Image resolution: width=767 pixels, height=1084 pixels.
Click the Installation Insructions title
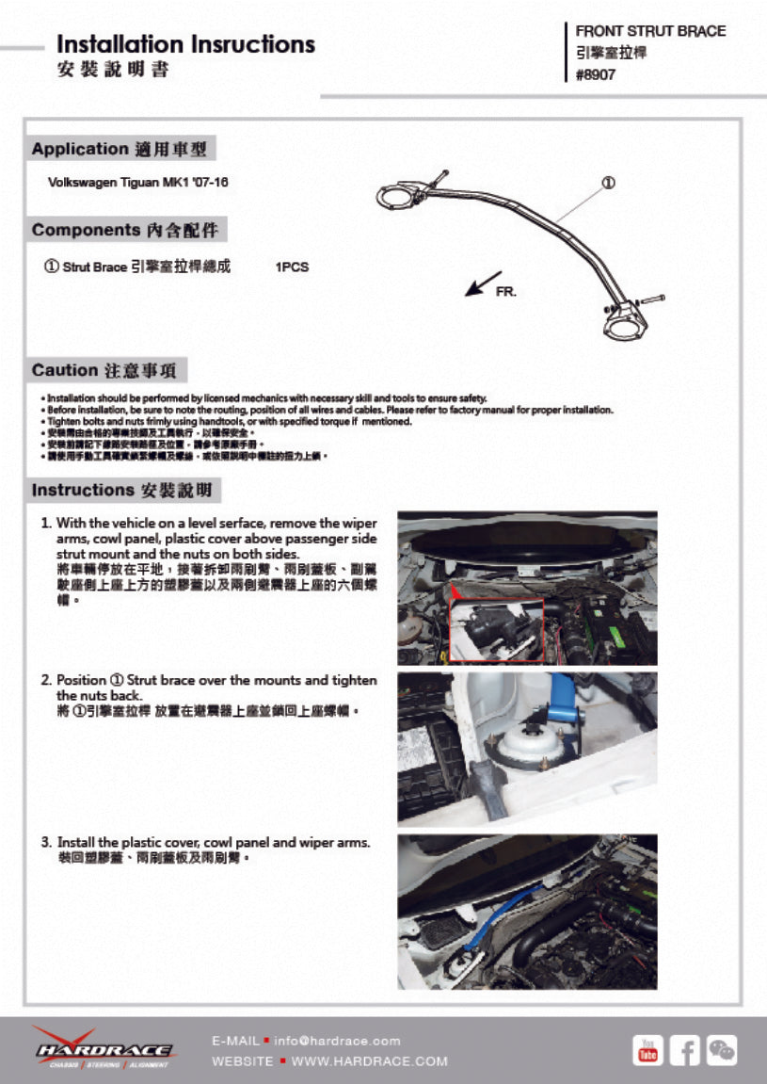[185, 44]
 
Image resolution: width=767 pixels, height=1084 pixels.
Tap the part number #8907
[596, 75]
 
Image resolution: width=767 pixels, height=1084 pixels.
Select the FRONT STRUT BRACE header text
[650, 31]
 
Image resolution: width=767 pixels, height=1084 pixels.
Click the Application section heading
[120, 149]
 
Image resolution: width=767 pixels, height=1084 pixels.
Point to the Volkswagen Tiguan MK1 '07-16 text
[137, 182]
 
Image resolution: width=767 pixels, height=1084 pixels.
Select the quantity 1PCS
[292, 267]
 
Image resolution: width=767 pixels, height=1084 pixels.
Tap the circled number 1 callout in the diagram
[608, 182]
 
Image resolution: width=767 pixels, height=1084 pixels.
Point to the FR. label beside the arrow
[506, 293]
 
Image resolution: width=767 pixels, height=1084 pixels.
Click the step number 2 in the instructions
[46, 680]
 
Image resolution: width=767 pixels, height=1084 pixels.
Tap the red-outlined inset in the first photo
[496, 629]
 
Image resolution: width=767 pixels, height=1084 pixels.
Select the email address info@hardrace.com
[337, 1041]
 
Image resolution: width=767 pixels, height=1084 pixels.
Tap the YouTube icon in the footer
[647, 1049]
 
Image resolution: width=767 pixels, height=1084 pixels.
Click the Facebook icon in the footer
[684, 1049]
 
